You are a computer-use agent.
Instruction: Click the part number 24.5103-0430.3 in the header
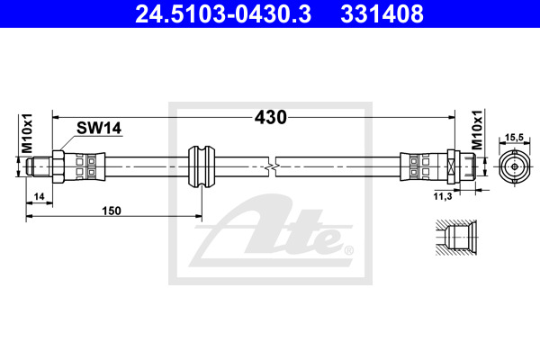click(223, 13)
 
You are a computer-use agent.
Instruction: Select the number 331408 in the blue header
click(382, 13)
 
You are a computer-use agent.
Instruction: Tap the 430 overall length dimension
click(270, 117)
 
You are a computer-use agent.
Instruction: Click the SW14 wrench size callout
click(99, 128)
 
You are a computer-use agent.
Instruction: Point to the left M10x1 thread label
click(27, 133)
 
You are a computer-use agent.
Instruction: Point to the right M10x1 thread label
click(477, 130)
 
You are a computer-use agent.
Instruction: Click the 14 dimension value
click(40, 196)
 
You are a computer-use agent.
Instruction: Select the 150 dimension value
click(112, 211)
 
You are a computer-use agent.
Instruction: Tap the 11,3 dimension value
click(443, 196)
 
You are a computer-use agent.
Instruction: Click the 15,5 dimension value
click(514, 138)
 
